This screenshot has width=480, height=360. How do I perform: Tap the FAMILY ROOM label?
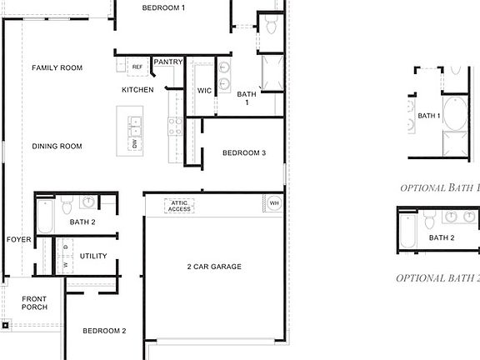pos(57,67)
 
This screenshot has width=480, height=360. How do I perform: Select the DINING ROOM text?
pos(57,147)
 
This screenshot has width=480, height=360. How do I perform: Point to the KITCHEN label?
pos(137,90)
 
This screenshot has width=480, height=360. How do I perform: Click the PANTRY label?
pos(168,62)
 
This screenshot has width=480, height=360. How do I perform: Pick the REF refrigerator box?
pos(137,67)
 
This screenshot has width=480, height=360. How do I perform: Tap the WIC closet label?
pos(204,90)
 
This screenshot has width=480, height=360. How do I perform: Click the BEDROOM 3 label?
pos(243,153)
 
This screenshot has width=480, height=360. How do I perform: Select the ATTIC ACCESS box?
pos(180,205)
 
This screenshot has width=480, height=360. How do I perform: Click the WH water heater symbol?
pos(274,202)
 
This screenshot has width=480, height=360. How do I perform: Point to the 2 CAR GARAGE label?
pos(214,267)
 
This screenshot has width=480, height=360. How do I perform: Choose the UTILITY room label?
pos(93,256)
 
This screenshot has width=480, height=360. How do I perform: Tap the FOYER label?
pos(18,239)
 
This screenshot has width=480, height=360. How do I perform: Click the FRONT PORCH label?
pos(34,303)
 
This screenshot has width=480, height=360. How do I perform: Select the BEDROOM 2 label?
pos(104,331)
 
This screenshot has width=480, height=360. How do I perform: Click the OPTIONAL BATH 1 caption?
pos(440,187)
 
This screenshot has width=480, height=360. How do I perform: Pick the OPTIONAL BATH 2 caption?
pos(437,277)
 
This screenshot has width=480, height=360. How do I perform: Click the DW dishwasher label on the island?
pos(134,144)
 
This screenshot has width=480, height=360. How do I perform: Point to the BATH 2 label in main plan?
pos(82,222)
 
